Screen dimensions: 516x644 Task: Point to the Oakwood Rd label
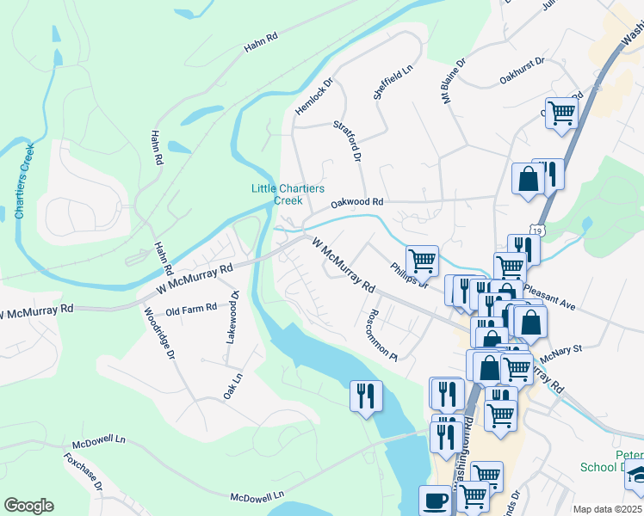(357, 203)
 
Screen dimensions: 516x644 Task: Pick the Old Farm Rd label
(191, 308)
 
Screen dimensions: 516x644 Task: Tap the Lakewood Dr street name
(232, 317)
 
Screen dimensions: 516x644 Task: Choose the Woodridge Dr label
(159, 333)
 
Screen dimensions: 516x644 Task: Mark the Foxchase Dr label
(84, 473)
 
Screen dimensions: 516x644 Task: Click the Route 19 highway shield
(538, 230)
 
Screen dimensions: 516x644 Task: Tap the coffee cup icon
(435, 499)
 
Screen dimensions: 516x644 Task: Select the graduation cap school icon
(636, 473)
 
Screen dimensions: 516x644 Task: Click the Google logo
(28, 506)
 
